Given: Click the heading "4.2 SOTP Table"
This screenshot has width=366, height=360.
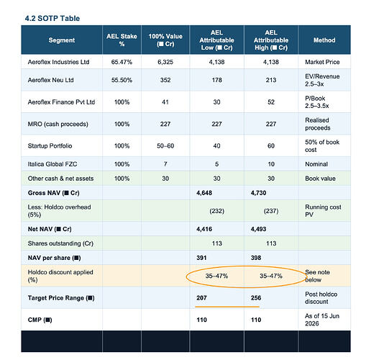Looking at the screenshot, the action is [x=52, y=19].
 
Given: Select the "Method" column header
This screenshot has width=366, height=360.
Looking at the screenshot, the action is [x=324, y=40].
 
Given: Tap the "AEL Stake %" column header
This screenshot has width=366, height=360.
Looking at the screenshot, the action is [x=122, y=40].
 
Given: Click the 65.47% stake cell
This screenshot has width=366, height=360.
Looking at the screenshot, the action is [x=122, y=62].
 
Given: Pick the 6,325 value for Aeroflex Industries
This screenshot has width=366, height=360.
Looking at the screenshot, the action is [x=165, y=62].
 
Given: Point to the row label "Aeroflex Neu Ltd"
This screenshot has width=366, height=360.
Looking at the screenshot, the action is [x=50, y=80].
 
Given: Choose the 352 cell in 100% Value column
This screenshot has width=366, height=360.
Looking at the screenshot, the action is [x=165, y=80].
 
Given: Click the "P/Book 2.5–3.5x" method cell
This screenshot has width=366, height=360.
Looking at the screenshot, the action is [x=317, y=102].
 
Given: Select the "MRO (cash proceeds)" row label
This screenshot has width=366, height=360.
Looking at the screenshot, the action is [x=58, y=124].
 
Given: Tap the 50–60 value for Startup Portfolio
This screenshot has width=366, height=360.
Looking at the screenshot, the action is [x=165, y=146].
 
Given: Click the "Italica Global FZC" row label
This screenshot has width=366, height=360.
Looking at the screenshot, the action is [x=52, y=164].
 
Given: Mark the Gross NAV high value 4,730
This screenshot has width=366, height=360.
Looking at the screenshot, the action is [x=258, y=193].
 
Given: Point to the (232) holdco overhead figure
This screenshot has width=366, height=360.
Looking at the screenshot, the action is [x=217, y=211].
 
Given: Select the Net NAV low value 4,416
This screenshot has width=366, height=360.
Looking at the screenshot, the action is [x=204, y=229].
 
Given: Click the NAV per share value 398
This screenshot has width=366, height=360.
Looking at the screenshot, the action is [x=256, y=258].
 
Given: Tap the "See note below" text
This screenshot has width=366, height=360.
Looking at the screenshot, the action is [x=317, y=276].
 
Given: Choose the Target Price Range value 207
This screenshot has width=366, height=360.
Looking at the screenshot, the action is [x=201, y=298].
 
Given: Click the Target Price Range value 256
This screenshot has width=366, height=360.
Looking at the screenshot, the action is [x=256, y=298].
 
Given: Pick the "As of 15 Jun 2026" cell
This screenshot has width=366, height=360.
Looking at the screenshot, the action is [x=322, y=320].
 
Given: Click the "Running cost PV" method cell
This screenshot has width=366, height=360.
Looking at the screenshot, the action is [x=323, y=211].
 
